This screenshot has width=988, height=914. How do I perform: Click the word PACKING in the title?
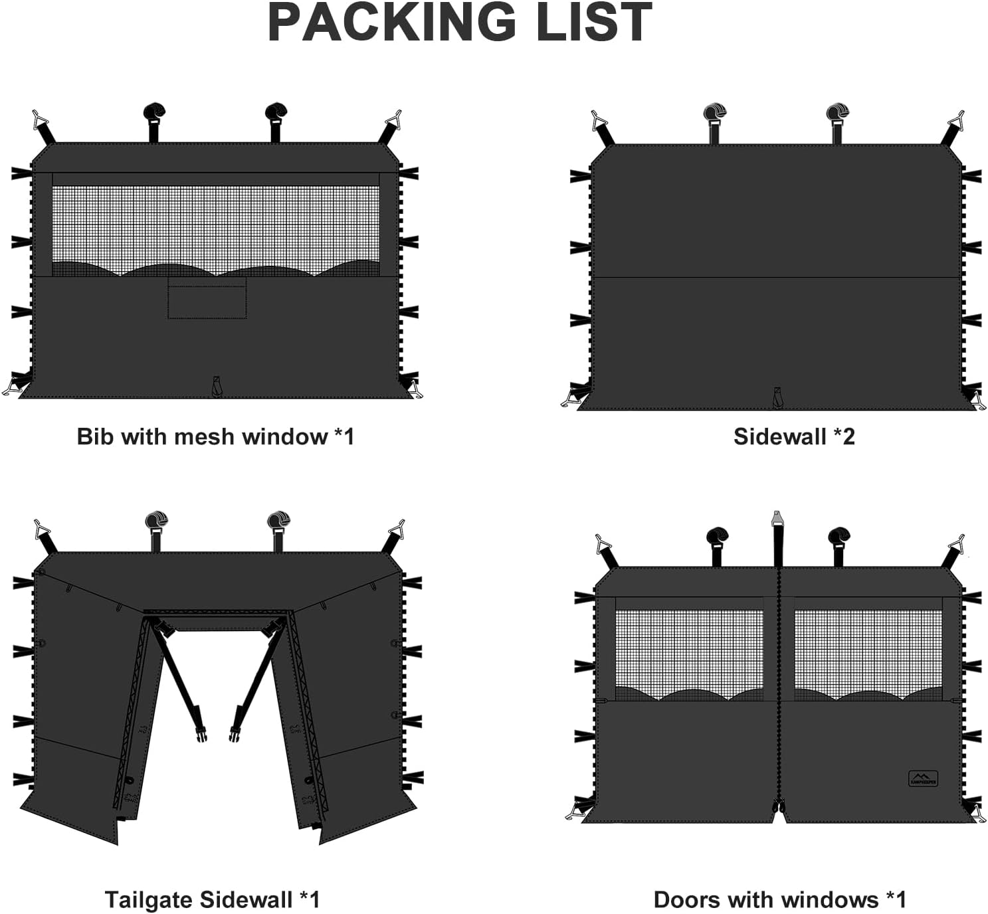pyautogui.click(x=392, y=23)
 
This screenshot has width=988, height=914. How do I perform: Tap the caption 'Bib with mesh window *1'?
pyautogui.click(x=215, y=437)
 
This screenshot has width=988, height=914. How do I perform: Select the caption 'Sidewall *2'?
pyautogui.click(x=794, y=437)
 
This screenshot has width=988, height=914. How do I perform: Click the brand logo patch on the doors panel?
pyautogui.click(x=923, y=778)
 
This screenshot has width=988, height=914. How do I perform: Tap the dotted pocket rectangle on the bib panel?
pyautogui.click(x=207, y=298)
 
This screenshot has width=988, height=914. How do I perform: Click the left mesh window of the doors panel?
pyautogui.click(x=689, y=655)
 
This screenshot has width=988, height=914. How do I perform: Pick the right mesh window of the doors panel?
pyautogui.click(x=868, y=655)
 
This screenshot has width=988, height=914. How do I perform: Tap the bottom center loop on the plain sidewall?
pyautogui.click(x=777, y=397)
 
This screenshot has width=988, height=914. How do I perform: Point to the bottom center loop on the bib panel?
pyautogui.click(x=217, y=387)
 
